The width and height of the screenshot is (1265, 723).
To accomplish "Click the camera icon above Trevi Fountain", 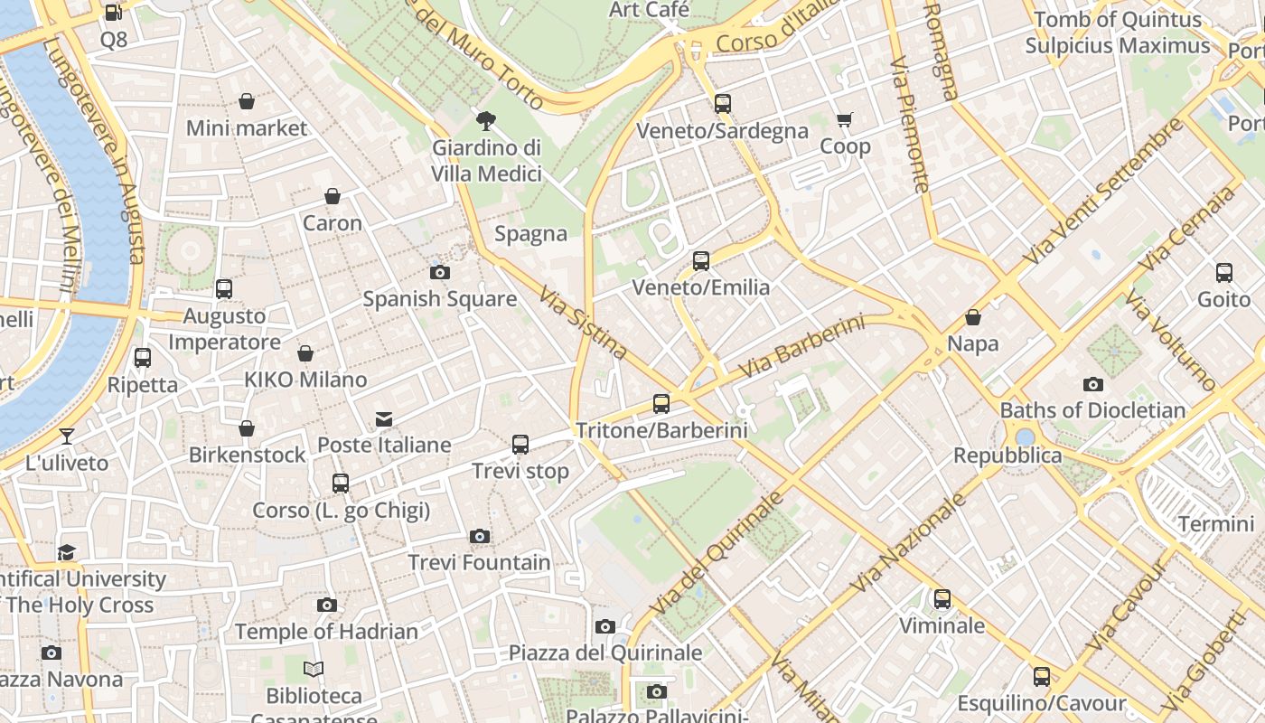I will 480,536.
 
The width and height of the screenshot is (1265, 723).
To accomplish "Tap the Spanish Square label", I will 439,298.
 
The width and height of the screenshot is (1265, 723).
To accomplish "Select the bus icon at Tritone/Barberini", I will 661,403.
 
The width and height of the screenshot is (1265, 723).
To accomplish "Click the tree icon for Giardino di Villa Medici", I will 486,120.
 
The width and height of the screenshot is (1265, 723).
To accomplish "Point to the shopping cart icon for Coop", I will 845,119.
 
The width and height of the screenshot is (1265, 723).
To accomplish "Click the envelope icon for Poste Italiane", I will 384,418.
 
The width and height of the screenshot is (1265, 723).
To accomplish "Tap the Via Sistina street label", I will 583,323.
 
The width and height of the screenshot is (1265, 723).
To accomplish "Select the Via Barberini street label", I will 801,347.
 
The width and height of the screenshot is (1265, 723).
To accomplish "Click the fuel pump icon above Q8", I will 113,13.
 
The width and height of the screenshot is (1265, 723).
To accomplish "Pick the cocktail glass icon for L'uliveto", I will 66,437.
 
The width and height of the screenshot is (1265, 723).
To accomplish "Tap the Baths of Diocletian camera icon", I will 1092,384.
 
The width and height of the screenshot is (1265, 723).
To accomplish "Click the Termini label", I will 1215,524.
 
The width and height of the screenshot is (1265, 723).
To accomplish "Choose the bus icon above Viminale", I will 942,598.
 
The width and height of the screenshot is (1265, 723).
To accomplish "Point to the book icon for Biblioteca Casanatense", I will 314,669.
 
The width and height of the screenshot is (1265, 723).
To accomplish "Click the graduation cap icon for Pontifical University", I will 66,552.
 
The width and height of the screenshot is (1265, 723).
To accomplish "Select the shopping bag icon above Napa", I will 973,317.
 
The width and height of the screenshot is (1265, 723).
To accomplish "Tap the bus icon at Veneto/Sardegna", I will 722,104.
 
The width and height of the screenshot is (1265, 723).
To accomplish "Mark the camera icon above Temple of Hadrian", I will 327,605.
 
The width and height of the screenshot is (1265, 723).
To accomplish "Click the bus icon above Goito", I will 1224,272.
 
